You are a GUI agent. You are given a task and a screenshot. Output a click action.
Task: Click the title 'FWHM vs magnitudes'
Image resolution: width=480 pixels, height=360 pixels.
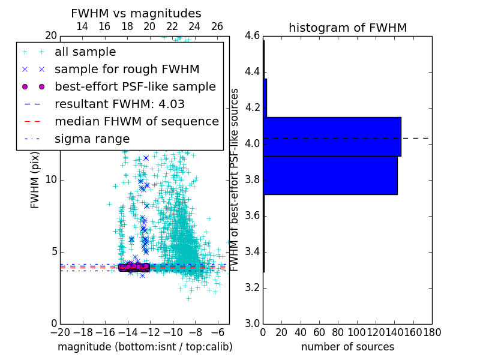136,13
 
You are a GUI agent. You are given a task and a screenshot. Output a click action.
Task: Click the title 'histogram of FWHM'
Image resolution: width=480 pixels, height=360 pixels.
347,28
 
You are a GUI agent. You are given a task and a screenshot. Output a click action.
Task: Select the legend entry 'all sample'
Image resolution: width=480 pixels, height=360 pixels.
85,52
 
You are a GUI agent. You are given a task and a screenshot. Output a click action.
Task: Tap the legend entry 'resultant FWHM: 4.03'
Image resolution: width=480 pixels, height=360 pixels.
119,104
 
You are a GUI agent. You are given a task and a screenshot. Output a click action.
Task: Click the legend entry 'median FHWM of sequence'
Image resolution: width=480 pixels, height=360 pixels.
136,121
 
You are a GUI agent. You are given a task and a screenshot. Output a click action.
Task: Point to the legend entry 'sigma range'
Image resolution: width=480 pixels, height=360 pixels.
92,139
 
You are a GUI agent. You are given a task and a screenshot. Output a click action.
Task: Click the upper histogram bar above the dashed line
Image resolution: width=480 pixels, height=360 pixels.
332,136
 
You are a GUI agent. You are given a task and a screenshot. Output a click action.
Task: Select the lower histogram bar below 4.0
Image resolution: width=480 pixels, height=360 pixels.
330,175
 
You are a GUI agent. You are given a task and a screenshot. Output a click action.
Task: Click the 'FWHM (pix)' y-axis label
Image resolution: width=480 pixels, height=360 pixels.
35,179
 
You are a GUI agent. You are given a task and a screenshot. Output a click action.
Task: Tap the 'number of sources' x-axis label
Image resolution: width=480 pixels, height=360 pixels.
347,347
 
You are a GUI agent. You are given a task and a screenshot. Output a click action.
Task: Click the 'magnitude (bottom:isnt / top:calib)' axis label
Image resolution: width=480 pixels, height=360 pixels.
145,347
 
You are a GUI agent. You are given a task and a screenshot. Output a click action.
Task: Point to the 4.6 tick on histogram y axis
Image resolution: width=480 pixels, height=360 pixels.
252,35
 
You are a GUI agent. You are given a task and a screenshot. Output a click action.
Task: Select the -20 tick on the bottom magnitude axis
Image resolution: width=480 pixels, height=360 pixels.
60,332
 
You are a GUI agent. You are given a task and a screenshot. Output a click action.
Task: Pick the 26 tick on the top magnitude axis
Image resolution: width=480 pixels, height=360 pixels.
217,26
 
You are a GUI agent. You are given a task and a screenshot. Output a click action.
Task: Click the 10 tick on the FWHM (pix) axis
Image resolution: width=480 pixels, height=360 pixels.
50,179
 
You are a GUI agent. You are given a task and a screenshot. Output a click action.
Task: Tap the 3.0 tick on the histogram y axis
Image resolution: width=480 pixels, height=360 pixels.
252,323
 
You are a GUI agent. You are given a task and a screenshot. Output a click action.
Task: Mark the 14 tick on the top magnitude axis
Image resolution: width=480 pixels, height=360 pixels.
82,26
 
